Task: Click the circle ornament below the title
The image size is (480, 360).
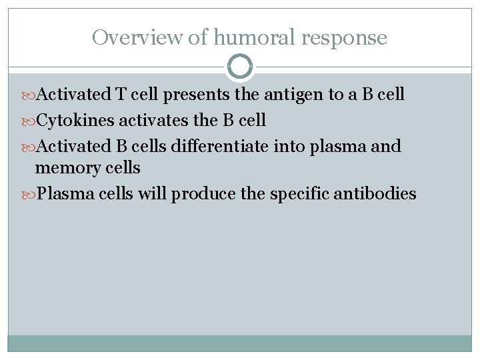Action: click(240, 67)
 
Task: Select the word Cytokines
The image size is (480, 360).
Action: click(75, 121)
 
